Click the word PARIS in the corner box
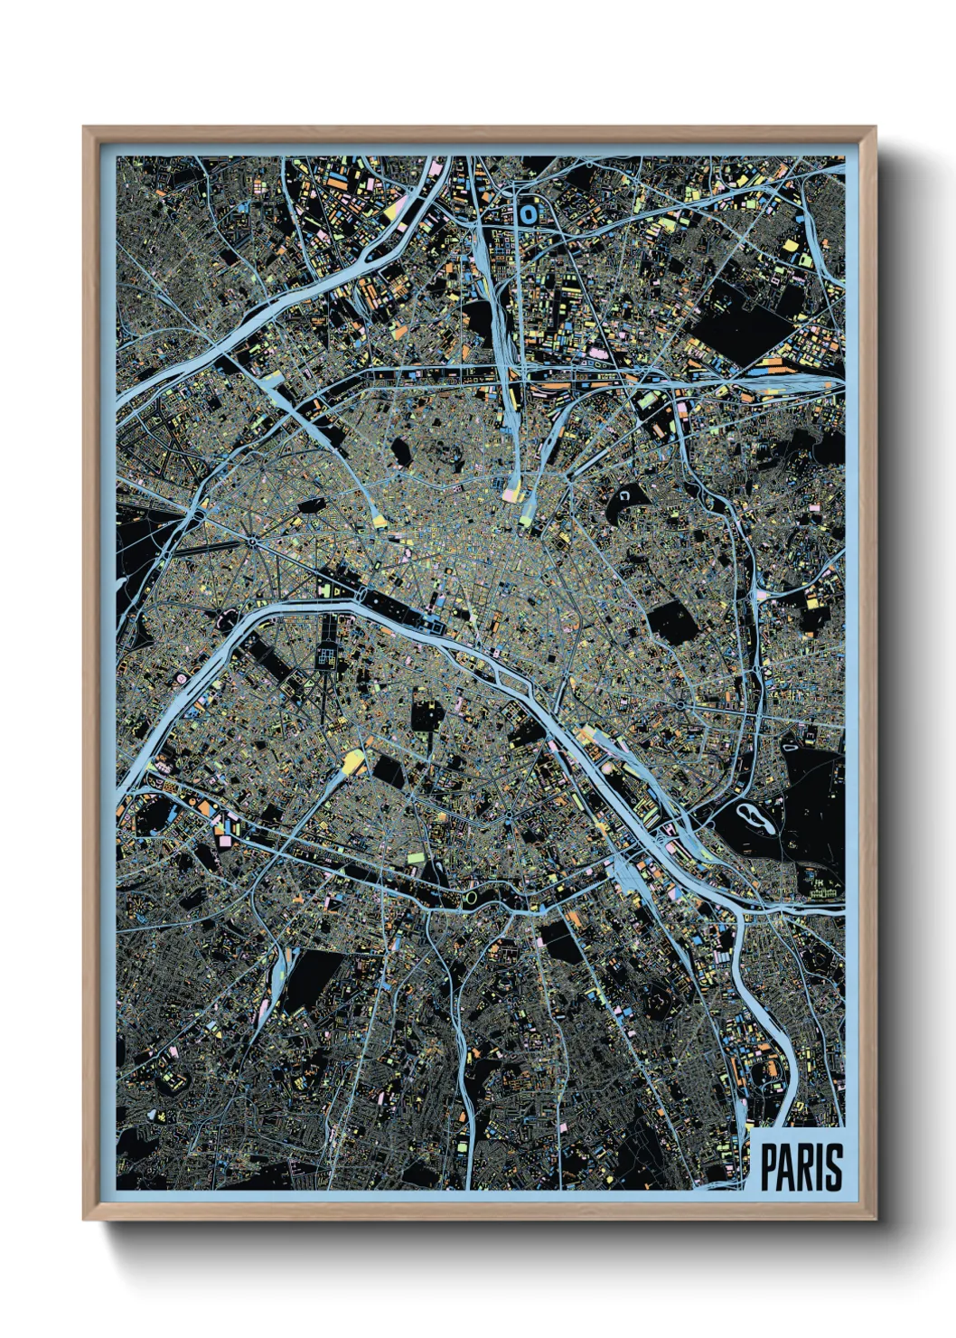pos(801,1167)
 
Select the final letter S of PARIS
pos(833,1167)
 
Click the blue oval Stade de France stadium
pos(527,214)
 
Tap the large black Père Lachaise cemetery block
pos(672,623)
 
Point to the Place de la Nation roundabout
pos(680,704)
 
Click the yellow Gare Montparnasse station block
pos(352,762)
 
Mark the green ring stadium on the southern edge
pos(471,898)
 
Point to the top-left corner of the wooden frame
pos(85,128)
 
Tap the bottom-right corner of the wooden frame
pos(875,1218)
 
